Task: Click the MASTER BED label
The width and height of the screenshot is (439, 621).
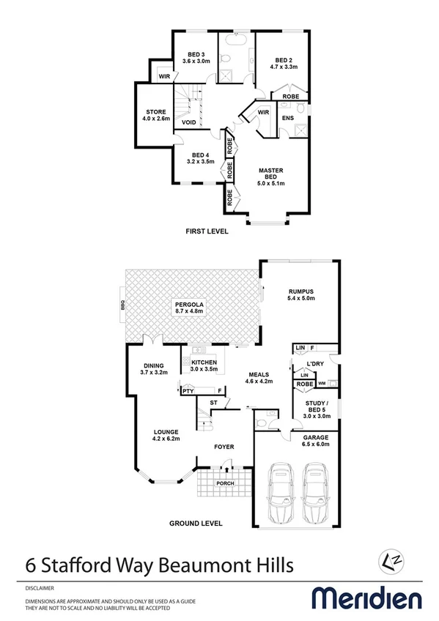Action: [x=270, y=174]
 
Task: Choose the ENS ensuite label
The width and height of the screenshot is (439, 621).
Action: [x=287, y=117]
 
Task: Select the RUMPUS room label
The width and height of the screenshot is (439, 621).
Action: [x=300, y=294]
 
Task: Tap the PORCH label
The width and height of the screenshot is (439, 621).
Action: [x=224, y=484]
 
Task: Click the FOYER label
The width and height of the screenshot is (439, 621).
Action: [x=224, y=446]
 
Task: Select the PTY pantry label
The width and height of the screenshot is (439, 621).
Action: [x=188, y=392]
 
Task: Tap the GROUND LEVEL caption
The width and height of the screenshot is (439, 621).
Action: [x=196, y=524]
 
